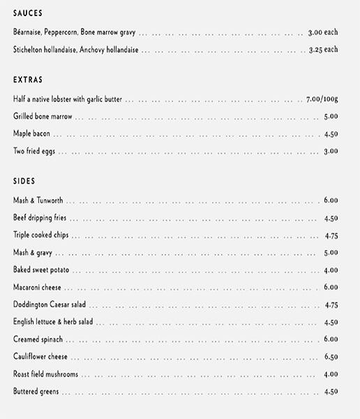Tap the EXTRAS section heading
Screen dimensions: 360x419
[x=27, y=80]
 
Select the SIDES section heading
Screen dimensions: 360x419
[x=24, y=182]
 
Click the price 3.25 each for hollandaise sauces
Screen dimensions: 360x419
[x=322, y=50]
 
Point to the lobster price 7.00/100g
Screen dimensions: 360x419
[x=322, y=99]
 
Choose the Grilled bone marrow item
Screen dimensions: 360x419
[x=43, y=117]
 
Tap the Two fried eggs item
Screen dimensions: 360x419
[x=35, y=151]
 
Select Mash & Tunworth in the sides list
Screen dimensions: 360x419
[x=38, y=200]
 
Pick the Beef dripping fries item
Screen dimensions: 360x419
[x=40, y=218]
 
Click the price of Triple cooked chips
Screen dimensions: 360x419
[x=331, y=235]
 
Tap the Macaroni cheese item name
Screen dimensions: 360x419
[x=38, y=287]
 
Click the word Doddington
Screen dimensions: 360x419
[x=31, y=304]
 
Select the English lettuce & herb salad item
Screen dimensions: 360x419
[x=53, y=322]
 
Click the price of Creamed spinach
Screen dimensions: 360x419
[x=331, y=339]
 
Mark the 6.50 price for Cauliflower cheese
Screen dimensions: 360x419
[x=331, y=357]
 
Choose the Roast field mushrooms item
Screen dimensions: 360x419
[x=45, y=374]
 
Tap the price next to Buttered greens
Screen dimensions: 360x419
[x=331, y=392]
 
